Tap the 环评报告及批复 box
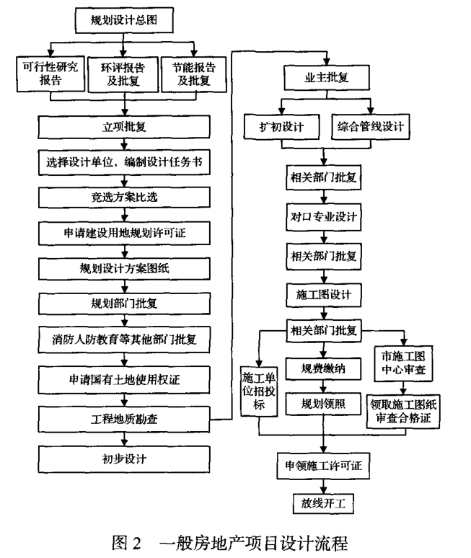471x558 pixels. point(125,74)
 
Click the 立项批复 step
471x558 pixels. point(125,128)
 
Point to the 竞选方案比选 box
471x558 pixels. point(125,198)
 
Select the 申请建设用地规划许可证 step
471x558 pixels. point(125,232)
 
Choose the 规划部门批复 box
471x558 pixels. point(125,302)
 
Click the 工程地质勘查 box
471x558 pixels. point(125,418)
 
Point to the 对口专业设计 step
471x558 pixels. point(323,215)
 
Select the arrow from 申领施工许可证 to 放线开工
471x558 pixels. point(323,485)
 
